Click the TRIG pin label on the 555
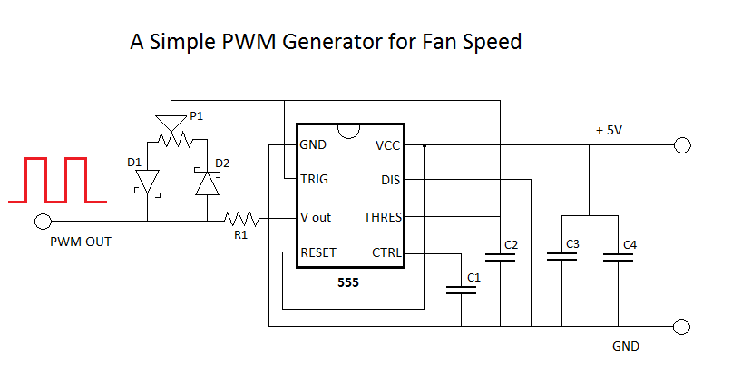click(x=314, y=180)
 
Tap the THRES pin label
click(x=383, y=217)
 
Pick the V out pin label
click(x=316, y=217)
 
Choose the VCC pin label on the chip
click(x=389, y=145)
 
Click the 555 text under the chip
click(x=347, y=282)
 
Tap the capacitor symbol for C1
click(x=462, y=291)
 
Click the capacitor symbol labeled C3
click(x=561, y=257)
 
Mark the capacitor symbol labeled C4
click(x=619, y=257)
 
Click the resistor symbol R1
click(x=241, y=219)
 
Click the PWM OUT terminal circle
click(x=41, y=221)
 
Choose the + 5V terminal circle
click(x=682, y=145)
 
